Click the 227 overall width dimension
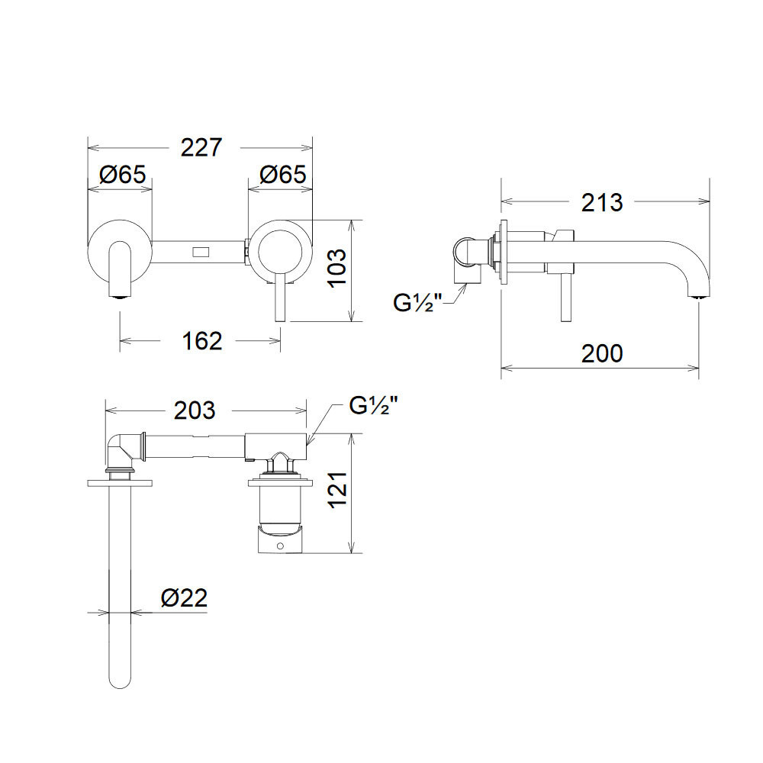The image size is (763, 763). point(201,147)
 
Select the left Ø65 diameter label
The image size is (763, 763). point(123,174)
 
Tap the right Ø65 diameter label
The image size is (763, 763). point(283,174)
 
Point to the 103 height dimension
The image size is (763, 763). point(336,268)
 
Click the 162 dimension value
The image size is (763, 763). point(202,340)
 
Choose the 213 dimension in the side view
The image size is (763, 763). point(602,202)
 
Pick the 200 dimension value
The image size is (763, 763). point(602,353)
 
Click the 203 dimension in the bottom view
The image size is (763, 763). point(195,410)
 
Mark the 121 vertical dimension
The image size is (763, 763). point(337,490)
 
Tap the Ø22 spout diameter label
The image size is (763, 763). point(185,597)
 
